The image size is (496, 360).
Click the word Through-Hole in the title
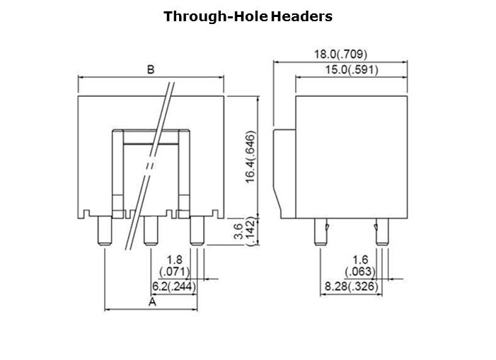(x=216, y=16)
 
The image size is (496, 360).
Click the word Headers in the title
(x=302, y=16)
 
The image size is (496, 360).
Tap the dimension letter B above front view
(x=151, y=69)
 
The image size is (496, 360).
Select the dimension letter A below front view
(x=152, y=302)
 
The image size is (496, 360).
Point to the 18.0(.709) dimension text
(x=340, y=54)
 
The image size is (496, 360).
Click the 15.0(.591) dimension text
(x=352, y=70)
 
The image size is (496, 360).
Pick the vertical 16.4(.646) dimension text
(x=250, y=157)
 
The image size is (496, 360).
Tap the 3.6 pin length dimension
(x=238, y=231)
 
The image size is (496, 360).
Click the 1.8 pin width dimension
(x=174, y=260)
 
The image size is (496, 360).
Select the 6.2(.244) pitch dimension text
(x=174, y=286)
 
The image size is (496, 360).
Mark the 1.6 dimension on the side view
(x=360, y=260)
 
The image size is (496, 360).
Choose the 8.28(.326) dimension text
(x=352, y=286)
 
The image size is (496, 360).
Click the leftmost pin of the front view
(x=105, y=231)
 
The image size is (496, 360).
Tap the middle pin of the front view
(x=151, y=231)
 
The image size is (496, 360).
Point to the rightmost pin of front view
(x=197, y=231)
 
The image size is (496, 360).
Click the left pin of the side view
(x=321, y=232)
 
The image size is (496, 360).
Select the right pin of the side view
(x=381, y=232)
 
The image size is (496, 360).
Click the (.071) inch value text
(x=175, y=272)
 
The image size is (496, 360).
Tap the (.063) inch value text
(x=360, y=272)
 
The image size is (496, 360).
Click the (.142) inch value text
(x=250, y=231)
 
